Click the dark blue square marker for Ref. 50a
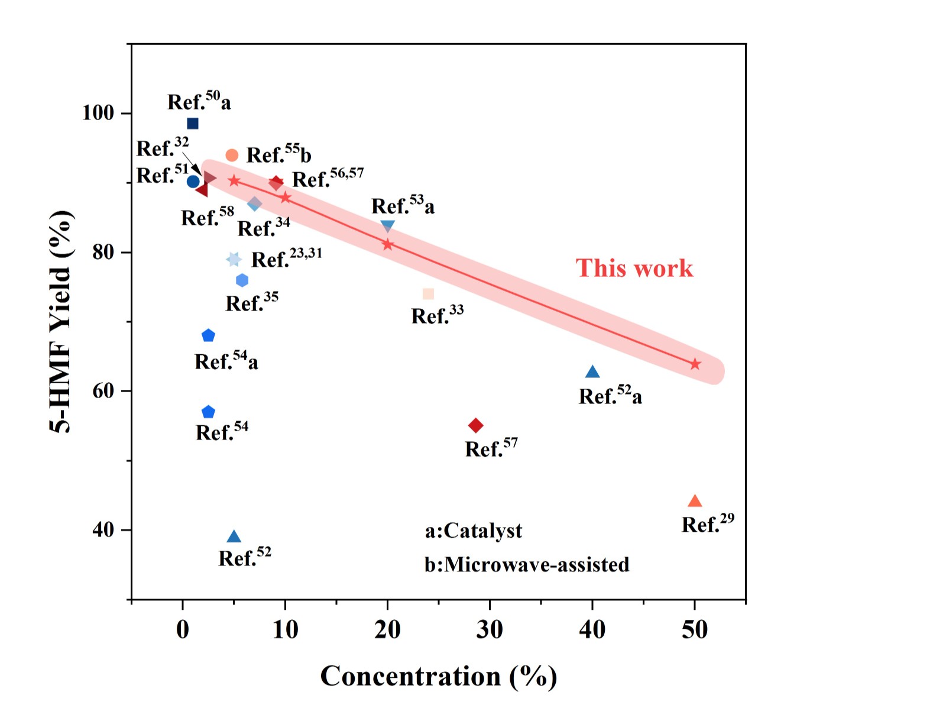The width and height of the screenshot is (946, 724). pyautogui.click(x=192, y=124)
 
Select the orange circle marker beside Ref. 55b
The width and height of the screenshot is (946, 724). pyautogui.click(x=232, y=155)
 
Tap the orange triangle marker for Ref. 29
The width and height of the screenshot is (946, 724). pyautogui.click(x=695, y=502)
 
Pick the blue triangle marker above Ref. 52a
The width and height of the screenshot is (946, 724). pyautogui.click(x=592, y=372)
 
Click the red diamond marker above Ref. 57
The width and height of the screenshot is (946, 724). pyautogui.click(x=476, y=425)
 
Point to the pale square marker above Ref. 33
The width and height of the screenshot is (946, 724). pyautogui.click(x=429, y=294)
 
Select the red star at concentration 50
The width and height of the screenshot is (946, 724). pyautogui.click(x=695, y=364)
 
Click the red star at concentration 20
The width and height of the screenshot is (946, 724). pyautogui.click(x=387, y=244)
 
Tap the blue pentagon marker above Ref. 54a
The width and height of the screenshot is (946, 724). pyautogui.click(x=208, y=336)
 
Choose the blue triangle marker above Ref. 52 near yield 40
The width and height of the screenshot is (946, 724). pyautogui.click(x=234, y=537)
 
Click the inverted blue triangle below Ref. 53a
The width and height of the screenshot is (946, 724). pyautogui.click(x=387, y=226)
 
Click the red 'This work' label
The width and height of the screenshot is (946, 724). pyautogui.click(x=634, y=268)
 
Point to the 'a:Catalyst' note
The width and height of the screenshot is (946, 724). pyautogui.click(x=473, y=531)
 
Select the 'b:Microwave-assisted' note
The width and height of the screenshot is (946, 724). pyautogui.click(x=526, y=565)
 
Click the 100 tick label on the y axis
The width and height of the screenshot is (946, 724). pyautogui.click(x=98, y=112)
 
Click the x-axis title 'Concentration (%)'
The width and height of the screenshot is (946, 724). pyautogui.click(x=439, y=677)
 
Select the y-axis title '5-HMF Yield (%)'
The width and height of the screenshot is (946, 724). pyautogui.click(x=61, y=322)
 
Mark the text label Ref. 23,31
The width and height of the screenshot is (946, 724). pyautogui.click(x=287, y=258)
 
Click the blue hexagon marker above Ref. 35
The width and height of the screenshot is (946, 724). pyautogui.click(x=242, y=280)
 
